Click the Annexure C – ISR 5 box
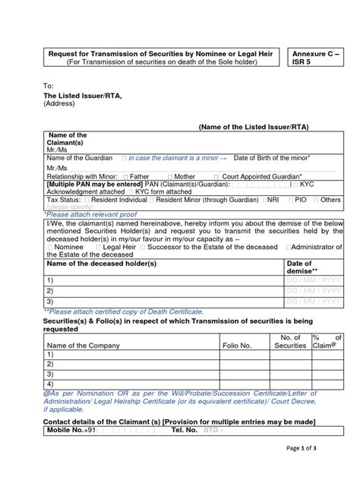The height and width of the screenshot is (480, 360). point(322,57)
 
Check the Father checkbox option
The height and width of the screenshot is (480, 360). point(132,175)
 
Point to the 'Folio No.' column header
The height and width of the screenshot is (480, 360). point(236,346)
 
